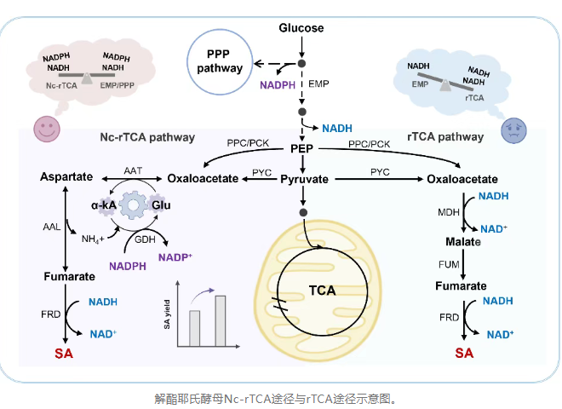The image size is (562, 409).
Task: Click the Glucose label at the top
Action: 301,28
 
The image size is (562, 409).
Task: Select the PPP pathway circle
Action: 220,62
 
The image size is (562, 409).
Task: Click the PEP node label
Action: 301,148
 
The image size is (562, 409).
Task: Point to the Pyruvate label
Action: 304,180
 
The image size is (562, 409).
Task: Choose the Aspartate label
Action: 66,176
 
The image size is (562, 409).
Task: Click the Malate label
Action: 462,242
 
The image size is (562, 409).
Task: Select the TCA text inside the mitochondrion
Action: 321,290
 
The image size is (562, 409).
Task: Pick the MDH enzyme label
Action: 449,210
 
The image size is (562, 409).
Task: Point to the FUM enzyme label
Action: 449,265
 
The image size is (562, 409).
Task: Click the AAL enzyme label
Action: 51,228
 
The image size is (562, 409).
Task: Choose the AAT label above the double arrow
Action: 132,170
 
